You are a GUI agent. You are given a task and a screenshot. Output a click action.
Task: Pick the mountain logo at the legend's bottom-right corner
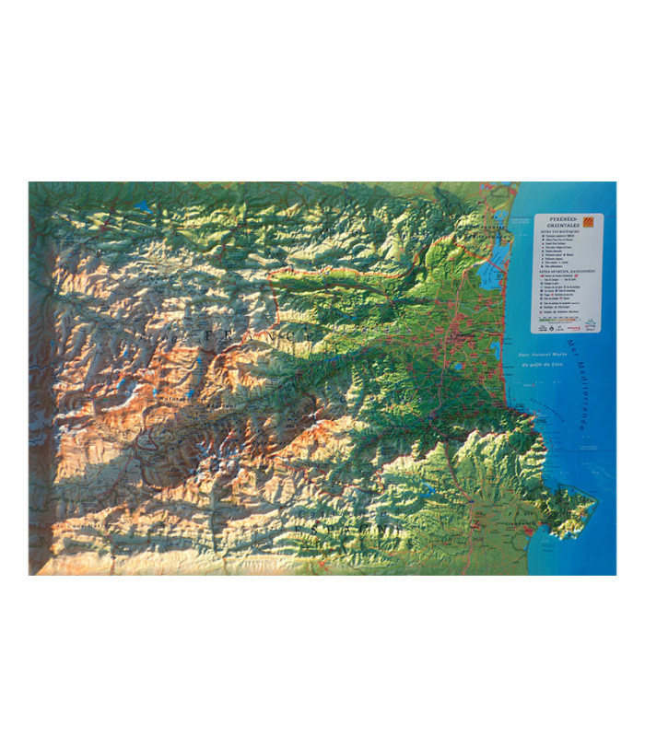[x=592, y=324]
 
